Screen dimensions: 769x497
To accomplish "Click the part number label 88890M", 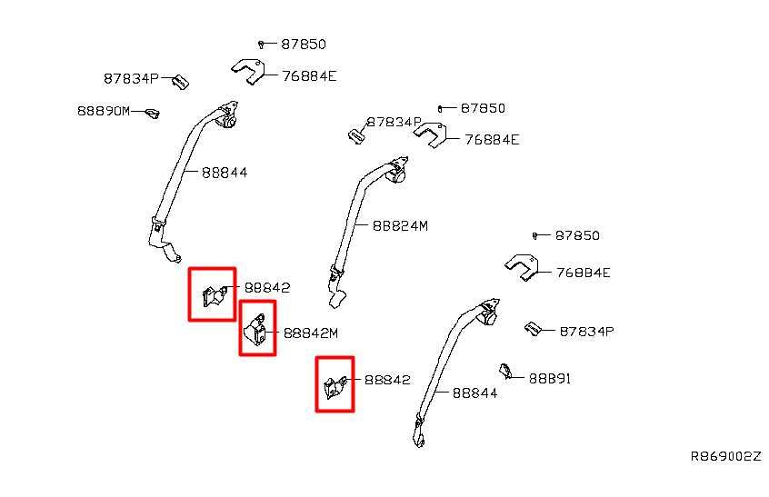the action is [x=104, y=111].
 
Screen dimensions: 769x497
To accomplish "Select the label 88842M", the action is [x=311, y=333].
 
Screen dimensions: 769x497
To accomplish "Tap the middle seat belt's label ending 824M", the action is [x=400, y=226].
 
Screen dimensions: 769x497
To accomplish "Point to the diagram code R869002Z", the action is [x=726, y=456].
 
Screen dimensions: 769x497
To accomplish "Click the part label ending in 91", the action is [x=550, y=378].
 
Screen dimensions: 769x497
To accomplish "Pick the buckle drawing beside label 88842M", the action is [x=255, y=330].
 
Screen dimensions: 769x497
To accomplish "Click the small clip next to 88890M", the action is [x=153, y=114].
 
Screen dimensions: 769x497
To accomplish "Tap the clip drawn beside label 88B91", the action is [x=505, y=371].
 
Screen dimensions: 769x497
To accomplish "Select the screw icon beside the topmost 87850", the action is [x=261, y=45].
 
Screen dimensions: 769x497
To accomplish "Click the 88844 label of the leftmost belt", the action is [x=225, y=173].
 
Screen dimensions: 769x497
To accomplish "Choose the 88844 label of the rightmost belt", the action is [x=474, y=393].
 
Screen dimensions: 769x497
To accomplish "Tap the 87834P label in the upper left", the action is [x=131, y=78].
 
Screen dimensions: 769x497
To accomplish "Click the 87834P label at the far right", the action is [x=586, y=332].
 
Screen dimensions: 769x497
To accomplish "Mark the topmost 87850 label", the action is [x=303, y=45].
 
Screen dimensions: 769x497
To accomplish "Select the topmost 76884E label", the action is [x=309, y=76].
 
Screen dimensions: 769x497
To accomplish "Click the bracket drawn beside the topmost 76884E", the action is [x=250, y=71].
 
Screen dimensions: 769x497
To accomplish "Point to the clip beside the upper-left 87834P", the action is [x=181, y=82].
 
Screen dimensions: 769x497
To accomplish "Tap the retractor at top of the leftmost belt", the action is [x=228, y=115].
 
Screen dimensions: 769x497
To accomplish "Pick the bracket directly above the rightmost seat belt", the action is [x=522, y=267].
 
